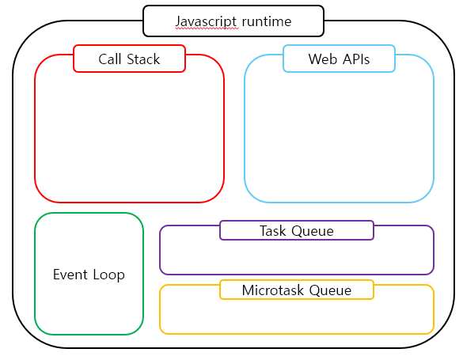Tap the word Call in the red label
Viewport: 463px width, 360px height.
click(110, 59)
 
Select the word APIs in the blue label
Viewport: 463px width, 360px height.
click(354, 59)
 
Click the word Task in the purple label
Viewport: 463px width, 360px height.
click(274, 231)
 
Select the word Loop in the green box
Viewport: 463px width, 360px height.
click(108, 275)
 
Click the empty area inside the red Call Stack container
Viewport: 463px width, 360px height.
click(129, 135)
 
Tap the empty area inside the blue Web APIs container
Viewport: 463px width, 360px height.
click(339, 135)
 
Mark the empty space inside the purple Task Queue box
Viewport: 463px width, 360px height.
click(297, 257)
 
